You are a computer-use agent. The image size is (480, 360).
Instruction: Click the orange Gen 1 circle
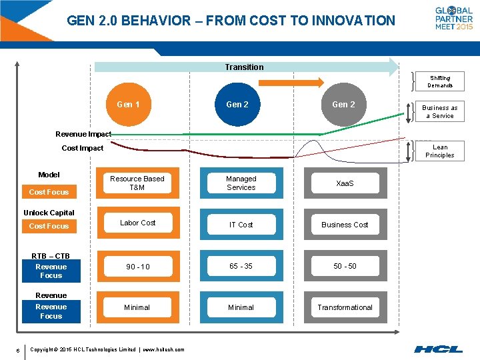coord(128,104)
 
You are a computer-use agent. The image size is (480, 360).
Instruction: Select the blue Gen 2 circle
coord(237,104)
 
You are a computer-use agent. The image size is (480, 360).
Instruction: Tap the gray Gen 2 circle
coord(343,104)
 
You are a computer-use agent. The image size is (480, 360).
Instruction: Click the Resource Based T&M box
coord(137,183)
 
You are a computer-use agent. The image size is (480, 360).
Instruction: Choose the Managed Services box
coord(241,183)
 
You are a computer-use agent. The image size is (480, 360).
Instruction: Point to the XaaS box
coord(345,183)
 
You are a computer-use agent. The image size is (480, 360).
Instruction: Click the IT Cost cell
coord(241,225)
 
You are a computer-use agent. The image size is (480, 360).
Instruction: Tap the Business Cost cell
coord(345,225)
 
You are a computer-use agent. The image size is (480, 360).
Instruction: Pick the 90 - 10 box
coord(137,267)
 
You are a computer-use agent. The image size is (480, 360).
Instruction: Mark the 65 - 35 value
coord(241,266)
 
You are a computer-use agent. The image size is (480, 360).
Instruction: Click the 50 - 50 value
coord(345,266)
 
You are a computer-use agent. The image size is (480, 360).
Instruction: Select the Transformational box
coord(345,307)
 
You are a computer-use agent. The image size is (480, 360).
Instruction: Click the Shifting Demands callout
coord(440,81)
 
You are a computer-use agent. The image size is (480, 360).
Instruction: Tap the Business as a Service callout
coord(440,111)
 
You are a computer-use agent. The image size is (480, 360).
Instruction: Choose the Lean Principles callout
coord(440,151)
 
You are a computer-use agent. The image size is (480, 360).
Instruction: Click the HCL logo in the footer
coord(438,348)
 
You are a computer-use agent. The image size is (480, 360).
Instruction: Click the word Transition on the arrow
coord(244,67)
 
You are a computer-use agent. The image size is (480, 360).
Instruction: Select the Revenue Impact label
coord(83,134)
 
